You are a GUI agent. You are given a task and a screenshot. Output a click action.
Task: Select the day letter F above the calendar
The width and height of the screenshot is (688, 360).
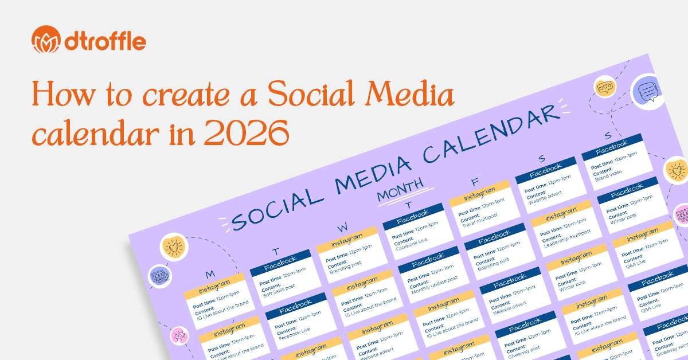(x=474, y=182)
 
